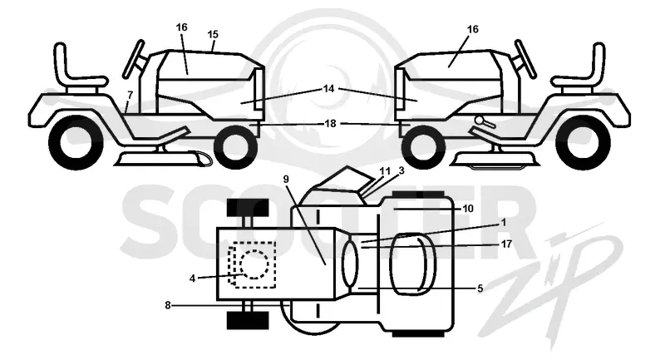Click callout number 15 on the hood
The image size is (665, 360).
pos(213,34)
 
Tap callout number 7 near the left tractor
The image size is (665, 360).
pos(130,96)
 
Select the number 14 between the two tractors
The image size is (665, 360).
pos(328,89)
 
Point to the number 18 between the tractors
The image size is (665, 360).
pos(330,123)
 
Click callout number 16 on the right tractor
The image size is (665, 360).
pos(472,29)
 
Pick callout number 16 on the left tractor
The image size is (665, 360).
pos(181,27)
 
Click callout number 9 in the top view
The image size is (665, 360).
pos(286,180)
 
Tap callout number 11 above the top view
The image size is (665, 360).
pos(385,171)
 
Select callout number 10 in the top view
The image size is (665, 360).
pos(468,209)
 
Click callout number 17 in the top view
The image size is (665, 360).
pos(506,244)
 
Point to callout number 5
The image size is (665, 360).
pos(480,288)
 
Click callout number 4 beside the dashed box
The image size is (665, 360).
pos(192,279)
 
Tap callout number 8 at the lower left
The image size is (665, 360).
pos(168,305)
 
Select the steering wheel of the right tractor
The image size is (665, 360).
pos(525,58)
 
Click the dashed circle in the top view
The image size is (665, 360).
pos(254,264)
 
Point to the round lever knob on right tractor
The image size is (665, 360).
pos(480,120)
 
